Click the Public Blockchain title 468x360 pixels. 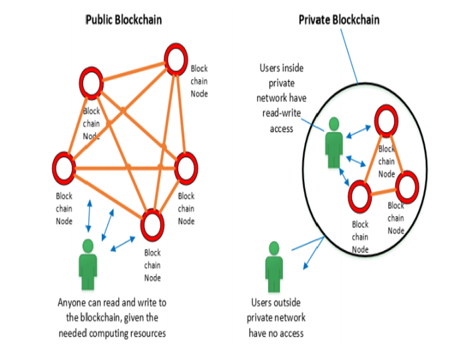(124, 19)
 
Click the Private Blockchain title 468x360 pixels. (339, 19)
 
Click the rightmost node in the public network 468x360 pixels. (186, 167)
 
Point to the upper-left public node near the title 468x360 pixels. (92, 84)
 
